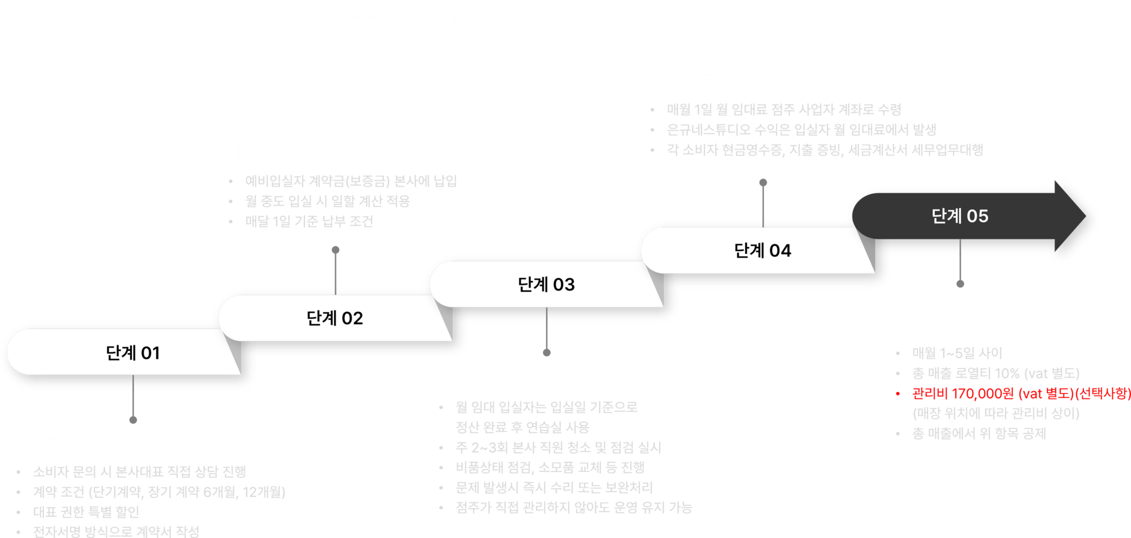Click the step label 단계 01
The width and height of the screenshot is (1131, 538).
[x=133, y=353]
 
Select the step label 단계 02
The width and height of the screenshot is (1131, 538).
[x=335, y=319]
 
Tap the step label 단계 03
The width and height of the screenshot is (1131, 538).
[x=546, y=285]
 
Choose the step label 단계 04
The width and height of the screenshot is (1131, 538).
[x=762, y=251]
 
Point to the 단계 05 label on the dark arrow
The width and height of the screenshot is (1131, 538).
[x=960, y=216]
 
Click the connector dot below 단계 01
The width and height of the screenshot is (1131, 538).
[x=133, y=420]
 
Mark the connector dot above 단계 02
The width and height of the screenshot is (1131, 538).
[x=336, y=250]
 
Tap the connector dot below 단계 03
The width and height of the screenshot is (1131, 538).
[x=547, y=352]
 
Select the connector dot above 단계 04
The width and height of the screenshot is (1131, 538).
[x=763, y=182]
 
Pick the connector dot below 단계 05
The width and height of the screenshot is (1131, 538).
[x=960, y=283]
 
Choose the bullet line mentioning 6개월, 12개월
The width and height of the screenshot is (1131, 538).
[x=159, y=492]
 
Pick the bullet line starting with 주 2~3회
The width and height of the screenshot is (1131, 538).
[x=558, y=448]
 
